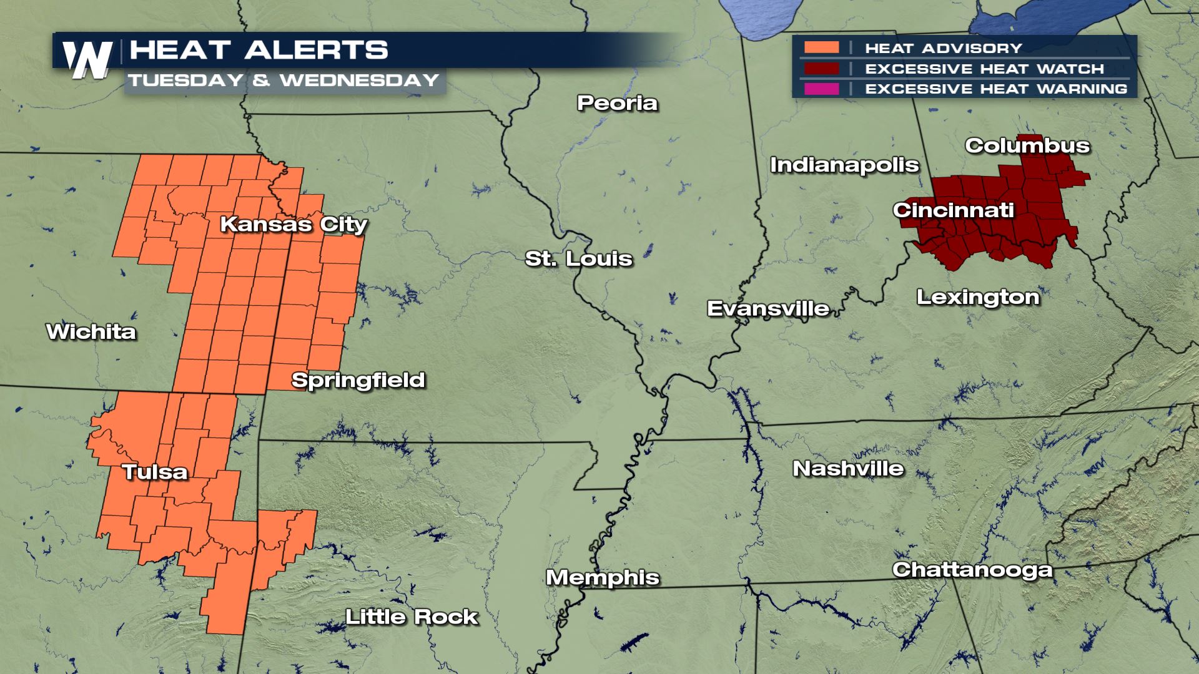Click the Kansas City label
(x=294, y=224)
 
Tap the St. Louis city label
(x=578, y=258)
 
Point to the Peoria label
(x=617, y=103)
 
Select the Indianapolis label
(x=844, y=165)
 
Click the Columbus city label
(x=1027, y=146)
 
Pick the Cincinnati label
(x=953, y=210)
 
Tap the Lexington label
(x=978, y=297)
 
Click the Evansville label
(x=768, y=308)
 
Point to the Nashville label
(x=848, y=469)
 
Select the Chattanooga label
(x=972, y=570)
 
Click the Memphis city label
(x=603, y=578)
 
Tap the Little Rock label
(x=412, y=617)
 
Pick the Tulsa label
(x=155, y=472)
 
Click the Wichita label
(x=91, y=332)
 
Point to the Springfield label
(x=358, y=380)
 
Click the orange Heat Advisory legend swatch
(x=821, y=47)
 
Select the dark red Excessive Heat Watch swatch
(x=821, y=68)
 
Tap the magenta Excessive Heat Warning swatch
(x=821, y=89)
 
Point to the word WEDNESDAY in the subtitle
(x=360, y=81)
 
